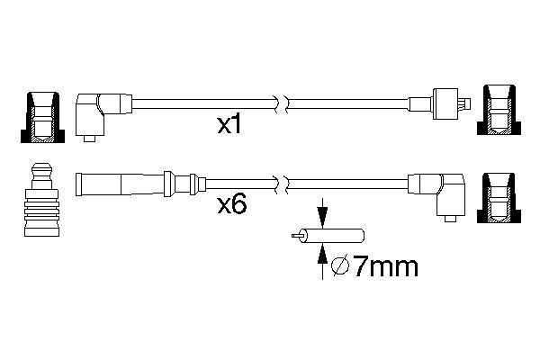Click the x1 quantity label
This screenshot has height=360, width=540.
pyautogui.click(x=229, y=125)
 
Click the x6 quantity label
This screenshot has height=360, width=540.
pyautogui.click(x=232, y=204)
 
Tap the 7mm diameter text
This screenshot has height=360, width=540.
pyautogui.click(x=386, y=266)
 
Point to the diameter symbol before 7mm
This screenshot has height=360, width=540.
pyautogui.click(x=340, y=266)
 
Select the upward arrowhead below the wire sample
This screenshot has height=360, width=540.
pyautogui.click(x=322, y=254)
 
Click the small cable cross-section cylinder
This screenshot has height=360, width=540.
pyautogui.click(x=331, y=236)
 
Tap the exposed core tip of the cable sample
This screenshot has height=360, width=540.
pyautogui.click(x=295, y=236)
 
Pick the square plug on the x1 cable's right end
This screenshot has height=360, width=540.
pyautogui.click(x=445, y=104)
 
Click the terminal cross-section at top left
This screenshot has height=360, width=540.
pyautogui.click(x=42, y=117)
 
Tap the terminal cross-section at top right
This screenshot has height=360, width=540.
pyautogui.click(x=499, y=110)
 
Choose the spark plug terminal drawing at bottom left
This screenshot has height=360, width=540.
pyautogui.click(x=41, y=200)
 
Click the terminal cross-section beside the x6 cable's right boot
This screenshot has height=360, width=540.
pyautogui.click(x=499, y=198)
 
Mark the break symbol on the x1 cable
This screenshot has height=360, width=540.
pyautogui.click(x=282, y=104)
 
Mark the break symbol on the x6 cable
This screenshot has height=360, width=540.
pyautogui.click(x=282, y=184)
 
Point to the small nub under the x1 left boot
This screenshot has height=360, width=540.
pyautogui.click(x=89, y=139)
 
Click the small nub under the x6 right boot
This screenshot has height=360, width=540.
pyautogui.click(x=451, y=219)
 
